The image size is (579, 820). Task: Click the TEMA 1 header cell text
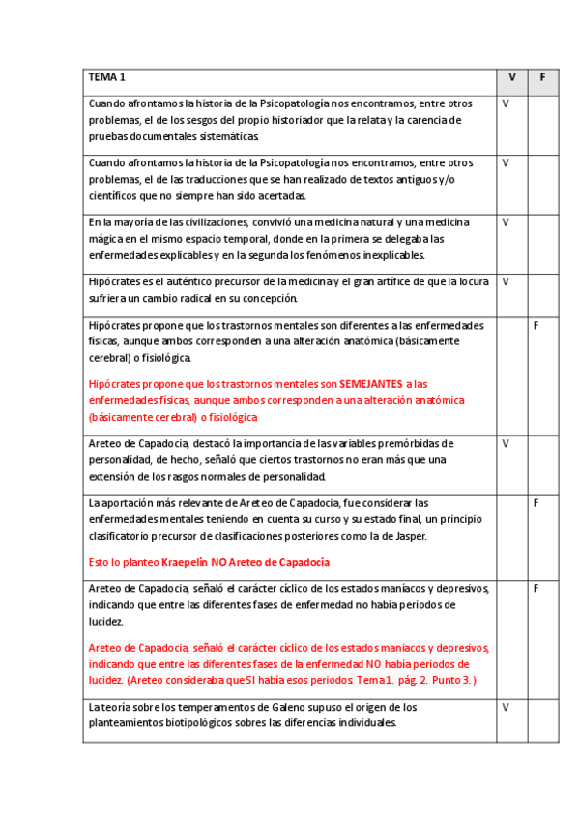[x=107, y=77]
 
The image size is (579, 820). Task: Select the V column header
[x=511, y=77]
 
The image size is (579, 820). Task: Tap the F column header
[x=542, y=77]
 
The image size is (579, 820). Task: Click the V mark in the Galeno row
[x=506, y=707]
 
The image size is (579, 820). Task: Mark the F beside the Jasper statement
[x=536, y=503]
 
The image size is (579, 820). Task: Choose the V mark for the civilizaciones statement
[x=506, y=221]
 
